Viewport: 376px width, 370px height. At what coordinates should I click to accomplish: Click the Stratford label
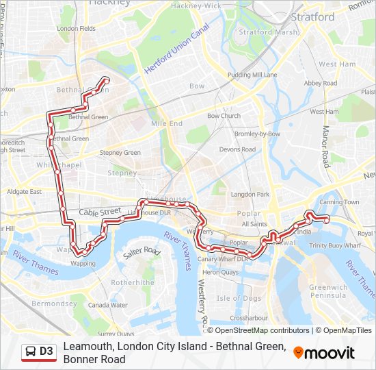coord(312,16)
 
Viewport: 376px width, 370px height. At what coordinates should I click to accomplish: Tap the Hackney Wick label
coord(196,5)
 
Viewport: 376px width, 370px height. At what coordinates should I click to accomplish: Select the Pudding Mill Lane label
coord(252,74)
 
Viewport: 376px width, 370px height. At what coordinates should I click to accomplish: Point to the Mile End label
coord(167,123)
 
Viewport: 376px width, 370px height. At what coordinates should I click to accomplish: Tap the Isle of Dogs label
coord(239,298)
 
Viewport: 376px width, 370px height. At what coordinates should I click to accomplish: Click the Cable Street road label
coord(99,213)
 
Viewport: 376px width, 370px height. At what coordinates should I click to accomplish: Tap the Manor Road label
coord(326,146)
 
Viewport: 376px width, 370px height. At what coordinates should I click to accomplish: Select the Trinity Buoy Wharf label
coord(334,245)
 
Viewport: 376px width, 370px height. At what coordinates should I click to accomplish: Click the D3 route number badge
coord(46,351)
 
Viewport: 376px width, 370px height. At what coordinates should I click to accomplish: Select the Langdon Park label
coord(250,195)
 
